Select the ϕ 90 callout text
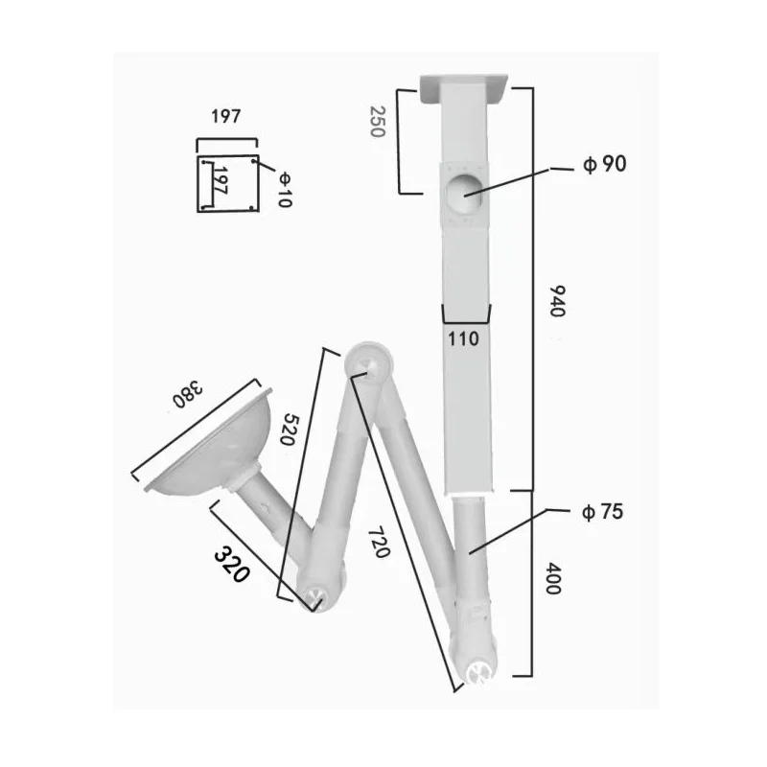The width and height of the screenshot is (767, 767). (604, 164)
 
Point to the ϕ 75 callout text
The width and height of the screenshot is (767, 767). (602, 512)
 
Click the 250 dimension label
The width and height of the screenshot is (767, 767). (376, 121)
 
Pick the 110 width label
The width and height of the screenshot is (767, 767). (465, 338)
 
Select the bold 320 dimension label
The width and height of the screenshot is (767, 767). (231, 565)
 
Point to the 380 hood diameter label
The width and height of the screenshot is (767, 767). (189, 393)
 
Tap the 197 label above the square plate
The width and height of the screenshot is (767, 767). (225, 117)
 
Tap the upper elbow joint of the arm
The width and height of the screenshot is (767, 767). (367, 363)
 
